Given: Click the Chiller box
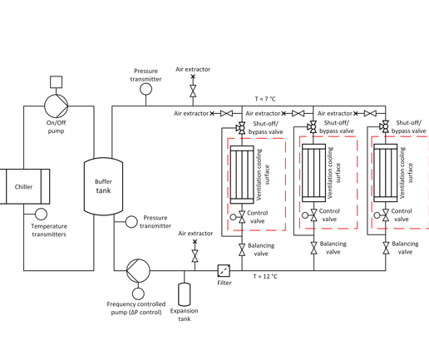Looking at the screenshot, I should coord(24,187).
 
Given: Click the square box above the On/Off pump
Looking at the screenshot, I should coord(56,82).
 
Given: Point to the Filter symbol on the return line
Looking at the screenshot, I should coord(224,270).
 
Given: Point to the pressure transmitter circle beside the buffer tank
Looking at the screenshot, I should coord(131,221).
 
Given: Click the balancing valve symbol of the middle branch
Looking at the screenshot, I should coord(313,249).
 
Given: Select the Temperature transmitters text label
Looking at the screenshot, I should coord(49,230).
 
